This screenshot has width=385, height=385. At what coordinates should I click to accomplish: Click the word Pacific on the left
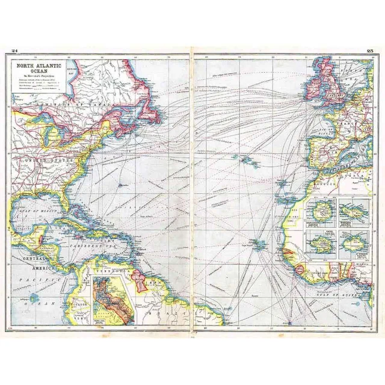[30, 280]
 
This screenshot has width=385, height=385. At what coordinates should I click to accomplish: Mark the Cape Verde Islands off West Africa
[259, 244]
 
